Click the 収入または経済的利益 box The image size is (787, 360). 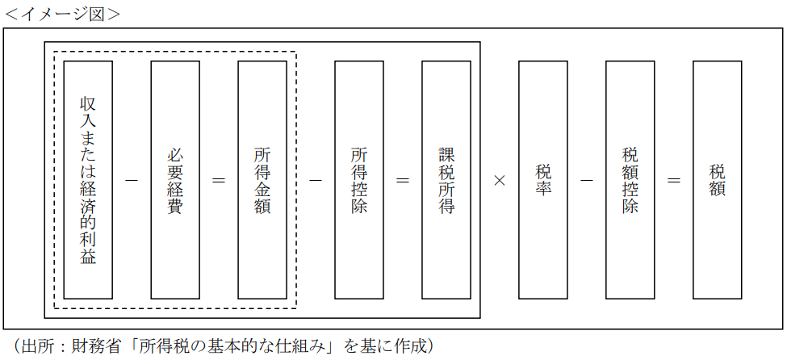(88, 180)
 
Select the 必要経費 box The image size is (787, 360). (175, 180)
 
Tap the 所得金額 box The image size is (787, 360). (262, 180)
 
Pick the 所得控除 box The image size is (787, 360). (359, 180)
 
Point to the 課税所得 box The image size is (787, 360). (446, 180)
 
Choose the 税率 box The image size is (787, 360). (543, 180)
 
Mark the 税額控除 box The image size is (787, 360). (630, 180)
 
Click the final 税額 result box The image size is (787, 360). (718, 180)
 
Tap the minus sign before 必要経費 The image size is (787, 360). (132, 180)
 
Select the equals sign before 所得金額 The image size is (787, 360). (219, 180)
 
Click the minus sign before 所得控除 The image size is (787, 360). (316, 180)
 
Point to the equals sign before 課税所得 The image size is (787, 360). (403, 180)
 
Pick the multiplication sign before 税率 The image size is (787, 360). (500, 180)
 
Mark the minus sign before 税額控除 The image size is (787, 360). (587, 180)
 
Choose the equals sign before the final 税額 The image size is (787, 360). (674, 180)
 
